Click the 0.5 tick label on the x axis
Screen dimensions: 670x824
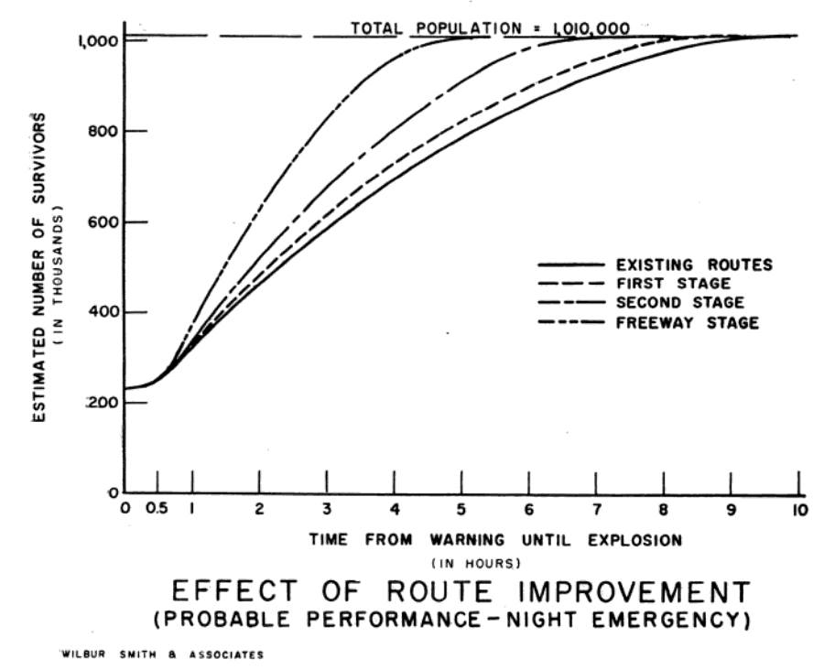[x=157, y=510]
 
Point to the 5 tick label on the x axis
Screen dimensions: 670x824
[x=461, y=510]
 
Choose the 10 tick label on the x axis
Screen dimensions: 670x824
[x=798, y=510]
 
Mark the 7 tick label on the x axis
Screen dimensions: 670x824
[x=596, y=510]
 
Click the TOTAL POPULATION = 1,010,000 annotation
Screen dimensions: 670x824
[x=491, y=28]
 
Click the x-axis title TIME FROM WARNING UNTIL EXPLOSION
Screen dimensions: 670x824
[x=495, y=540]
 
